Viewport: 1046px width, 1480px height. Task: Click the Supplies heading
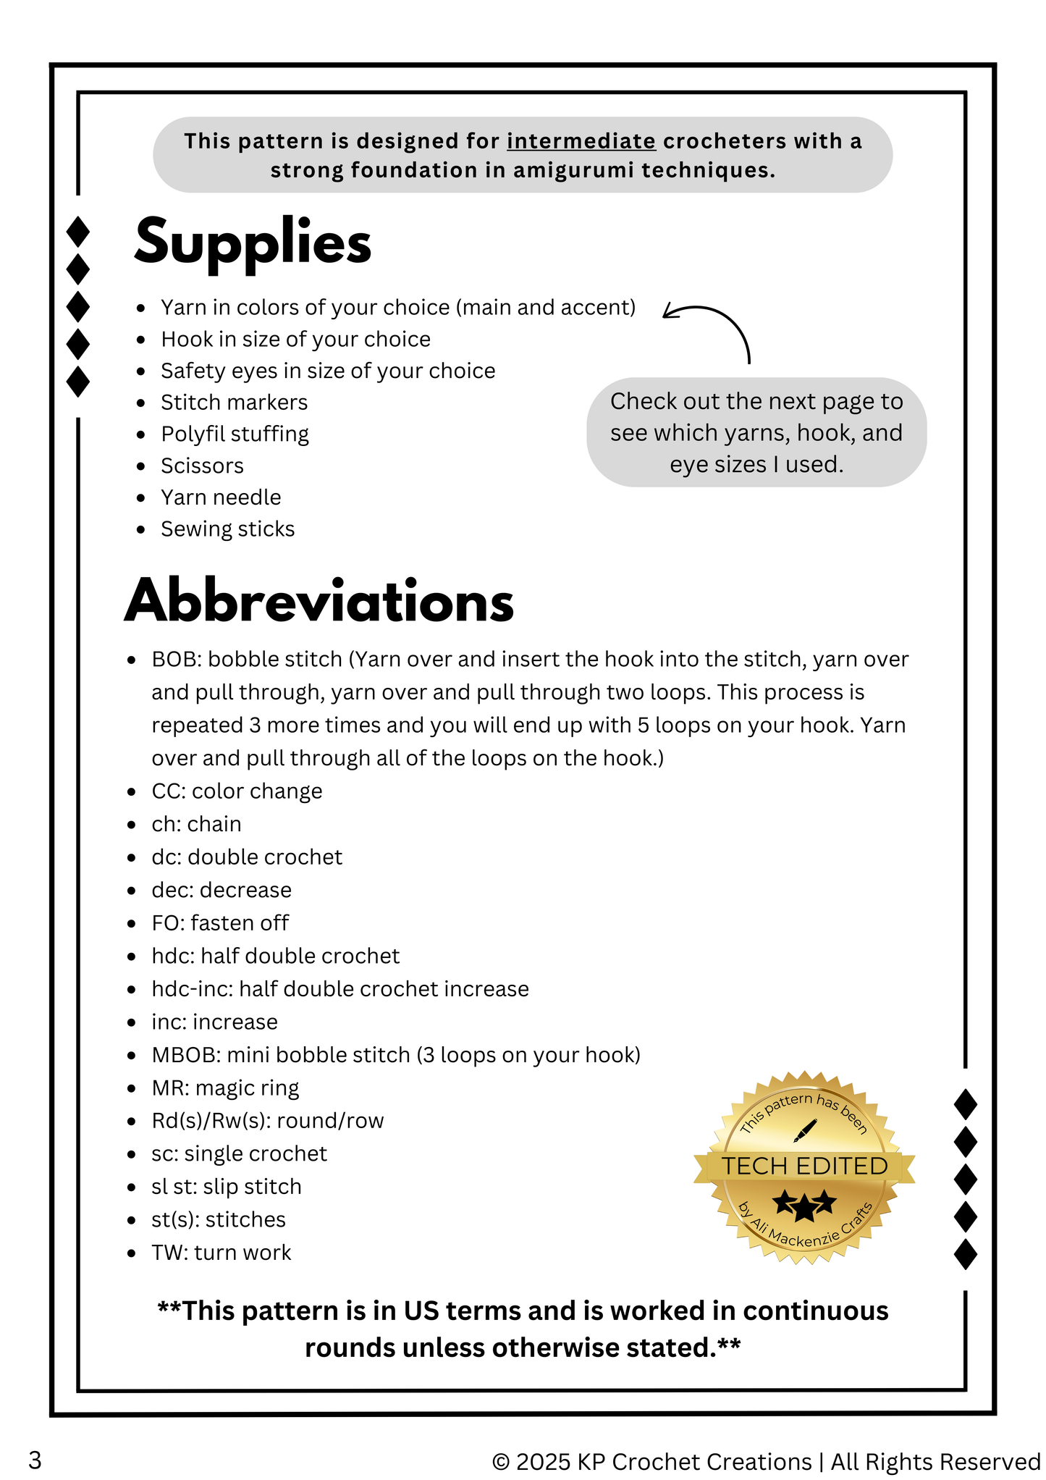(253, 242)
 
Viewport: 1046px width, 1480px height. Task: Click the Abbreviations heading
(319, 601)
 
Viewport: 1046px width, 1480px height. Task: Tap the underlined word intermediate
(581, 140)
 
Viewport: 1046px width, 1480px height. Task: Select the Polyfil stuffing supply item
(235, 434)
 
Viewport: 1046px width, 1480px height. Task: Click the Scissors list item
(202, 466)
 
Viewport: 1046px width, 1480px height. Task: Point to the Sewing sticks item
(227, 529)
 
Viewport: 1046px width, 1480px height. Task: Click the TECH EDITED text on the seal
(804, 1166)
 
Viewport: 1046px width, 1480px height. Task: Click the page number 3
(35, 1460)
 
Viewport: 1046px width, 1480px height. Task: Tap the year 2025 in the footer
(543, 1462)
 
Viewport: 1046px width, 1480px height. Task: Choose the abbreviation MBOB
(185, 1055)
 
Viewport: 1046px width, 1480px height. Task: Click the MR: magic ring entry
(225, 1088)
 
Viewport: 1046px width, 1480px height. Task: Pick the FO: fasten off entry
(220, 923)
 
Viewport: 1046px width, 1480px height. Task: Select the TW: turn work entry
(221, 1253)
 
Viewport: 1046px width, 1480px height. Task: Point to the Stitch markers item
(234, 403)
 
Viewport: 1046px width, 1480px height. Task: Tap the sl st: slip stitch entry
(226, 1187)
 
